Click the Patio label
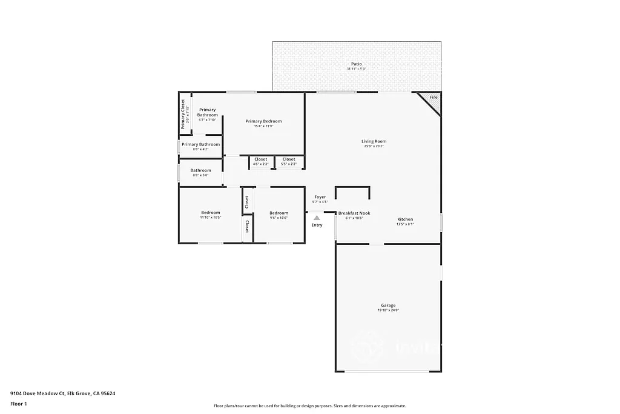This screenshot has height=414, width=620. (x=357, y=64)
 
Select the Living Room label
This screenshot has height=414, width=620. (x=374, y=141)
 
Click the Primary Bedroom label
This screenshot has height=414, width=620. (x=263, y=121)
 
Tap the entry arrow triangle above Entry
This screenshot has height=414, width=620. (x=317, y=216)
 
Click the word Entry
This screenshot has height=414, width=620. (x=317, y=225)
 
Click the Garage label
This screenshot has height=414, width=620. (x=388, y=305)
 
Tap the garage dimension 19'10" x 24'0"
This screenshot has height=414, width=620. (x=388, y=310)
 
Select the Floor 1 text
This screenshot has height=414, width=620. (x=19, y=403)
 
